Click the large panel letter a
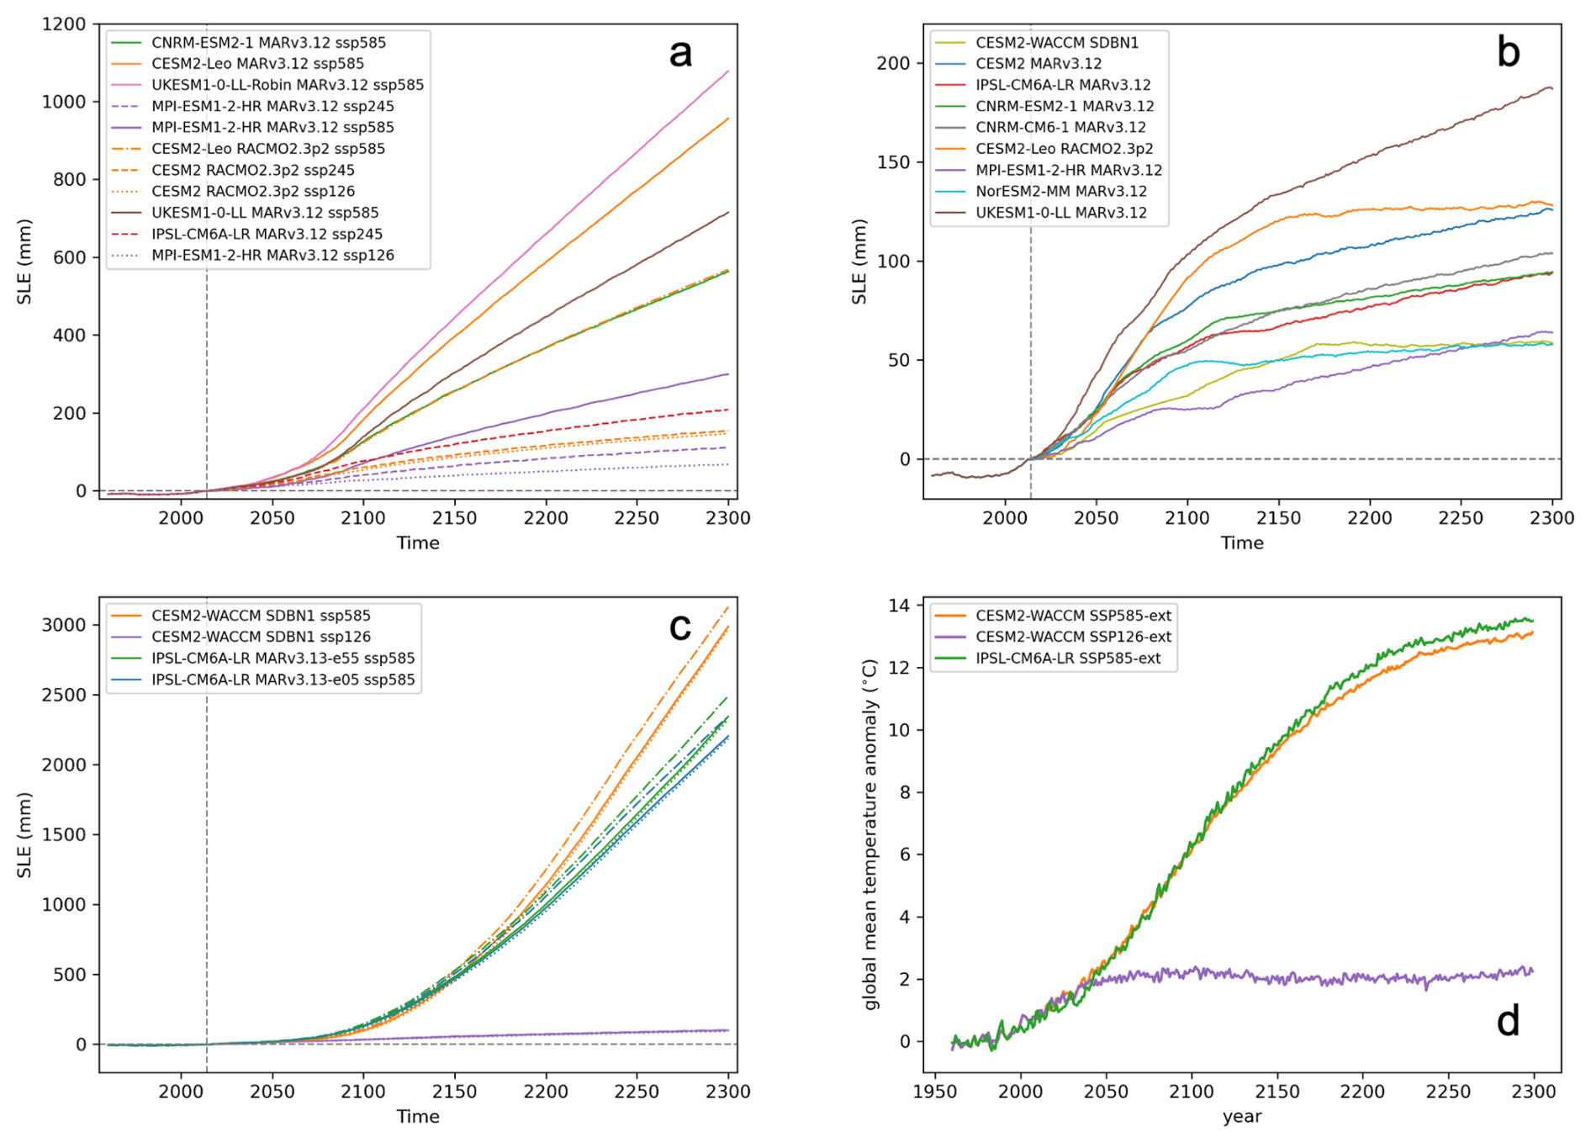pos(680,54)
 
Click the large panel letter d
pos(1508,1021)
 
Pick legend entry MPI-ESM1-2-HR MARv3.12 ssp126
pos(272,255)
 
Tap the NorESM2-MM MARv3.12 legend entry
pos(1061,191)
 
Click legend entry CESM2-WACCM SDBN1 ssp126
pos(261,637)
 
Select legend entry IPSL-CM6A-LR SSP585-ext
pos(1068,658)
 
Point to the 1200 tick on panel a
pos(65,24)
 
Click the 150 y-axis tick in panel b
pos(894,162)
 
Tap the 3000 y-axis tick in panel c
pos(65,625)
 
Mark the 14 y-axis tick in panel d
pos(899,606)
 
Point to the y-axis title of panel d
pos(869,834)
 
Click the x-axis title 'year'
pos(1242,1117)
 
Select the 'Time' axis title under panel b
pos(1242,543)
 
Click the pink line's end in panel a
pos(728,71)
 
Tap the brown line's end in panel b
pos(1552,87)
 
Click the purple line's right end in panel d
pos(1533,971)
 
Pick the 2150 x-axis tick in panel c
pos(455,1091)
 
